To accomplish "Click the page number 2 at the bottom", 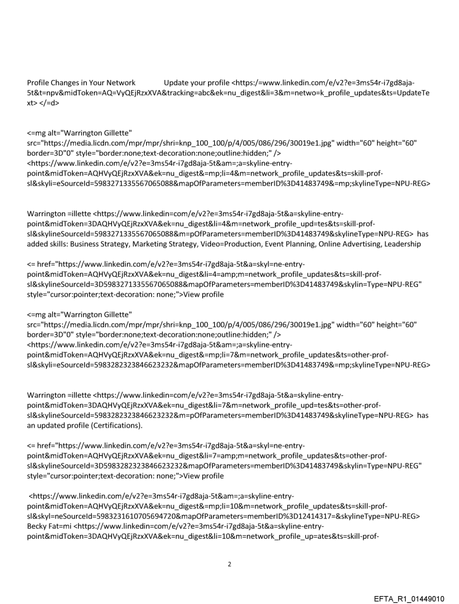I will pos(229,563).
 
